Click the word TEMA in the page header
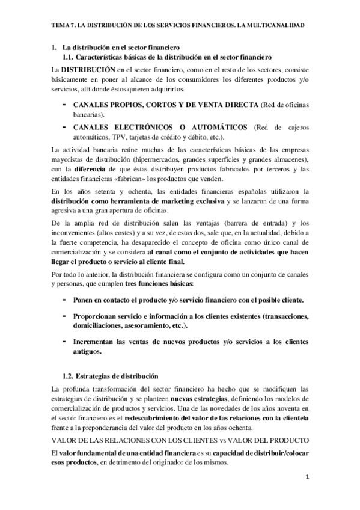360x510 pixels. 61,26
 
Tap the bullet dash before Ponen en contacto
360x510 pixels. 64,299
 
